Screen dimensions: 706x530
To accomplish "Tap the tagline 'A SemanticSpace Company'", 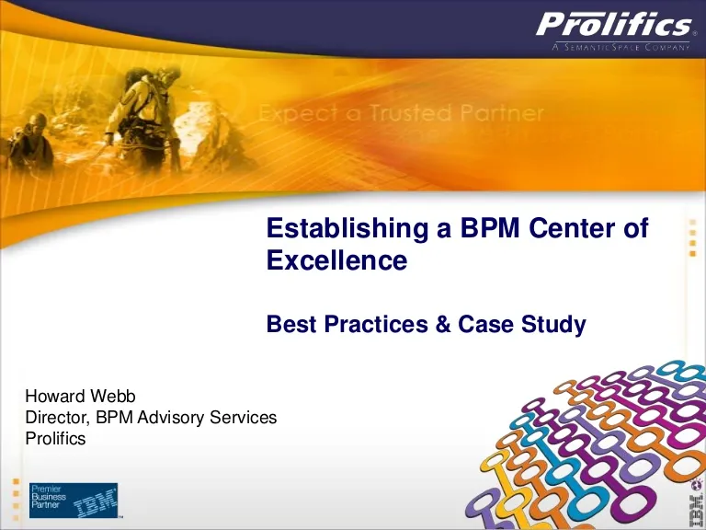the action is (x=621, y=47).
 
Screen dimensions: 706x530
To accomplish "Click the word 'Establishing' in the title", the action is (x=347, y=228).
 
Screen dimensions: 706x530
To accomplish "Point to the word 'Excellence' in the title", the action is (x=336, y=260).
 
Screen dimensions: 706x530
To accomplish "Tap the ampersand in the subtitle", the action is (x=442, y=324).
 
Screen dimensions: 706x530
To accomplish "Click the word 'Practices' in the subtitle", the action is (x=376, y=324).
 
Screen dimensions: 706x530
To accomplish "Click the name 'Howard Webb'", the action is (x=80, y=397).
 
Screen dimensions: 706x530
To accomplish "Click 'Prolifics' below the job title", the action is (x=55, y=438).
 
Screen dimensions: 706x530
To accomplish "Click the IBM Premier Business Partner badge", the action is (x=74, y=501).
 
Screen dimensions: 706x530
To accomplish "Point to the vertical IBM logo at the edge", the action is (x=696, y=504).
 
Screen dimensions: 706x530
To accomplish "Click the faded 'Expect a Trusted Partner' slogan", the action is (x=401, y=112).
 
